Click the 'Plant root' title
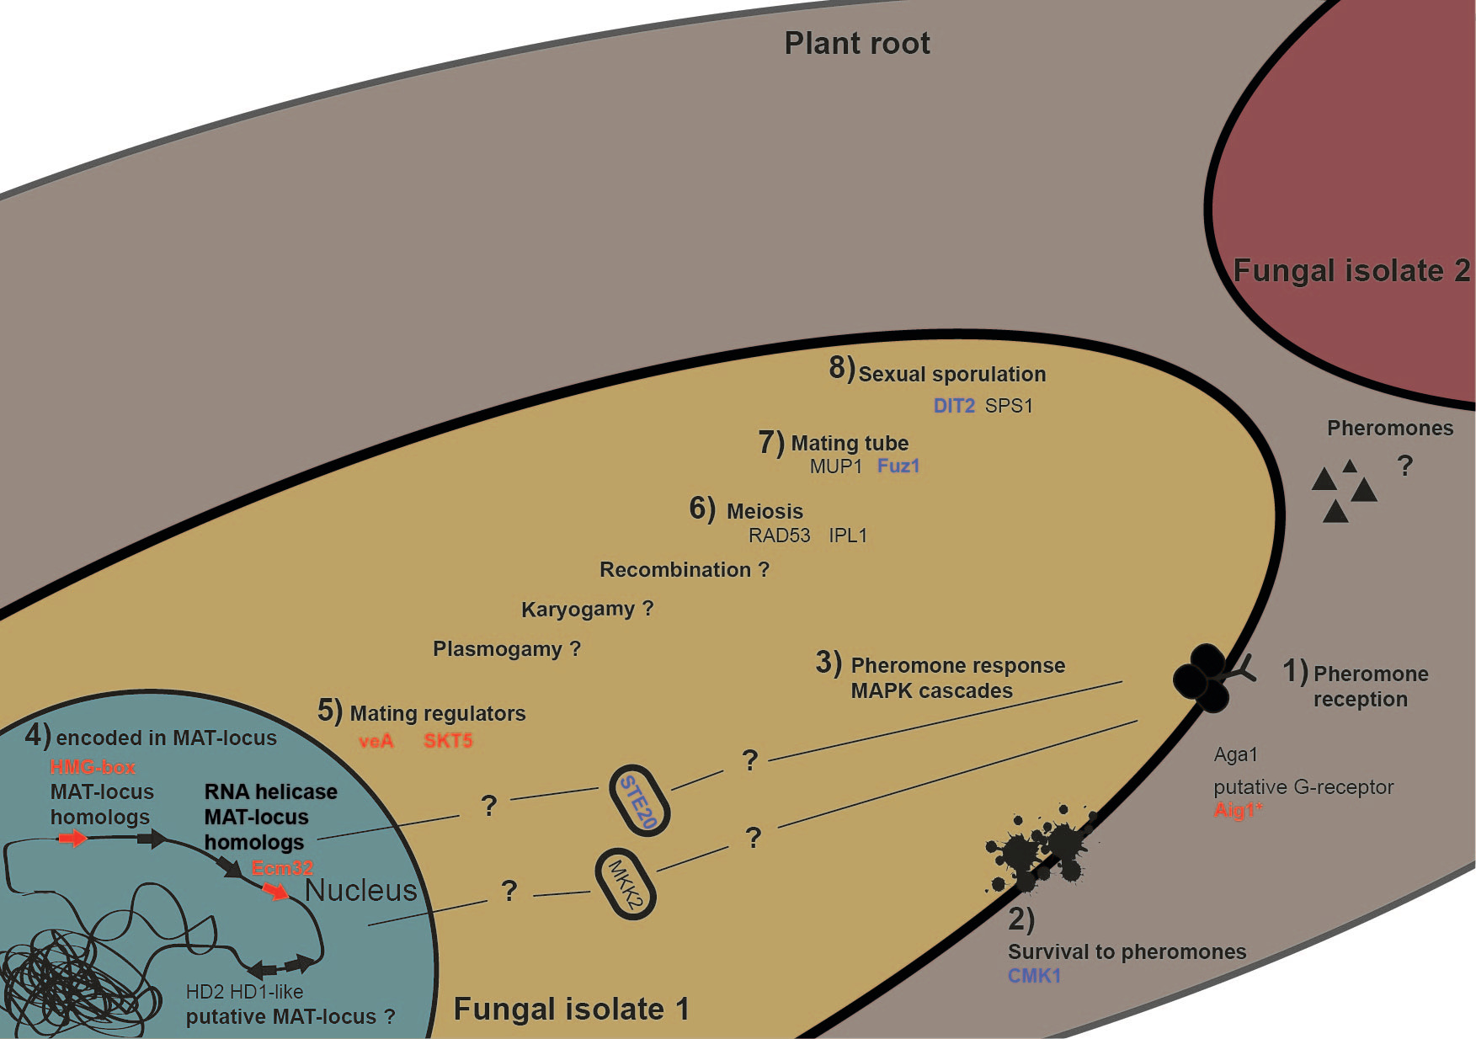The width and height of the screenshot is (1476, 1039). tap(856, 43)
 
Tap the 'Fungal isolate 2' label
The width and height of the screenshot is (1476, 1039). tap(1351, 271)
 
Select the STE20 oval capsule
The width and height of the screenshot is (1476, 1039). tap(639, 801)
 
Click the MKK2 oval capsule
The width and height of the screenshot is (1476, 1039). tap(626, 883)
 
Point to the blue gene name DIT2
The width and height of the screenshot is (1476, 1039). tap(953, 406)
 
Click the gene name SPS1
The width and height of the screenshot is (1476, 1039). tap(1009, 406)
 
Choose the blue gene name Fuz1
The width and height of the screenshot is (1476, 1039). tap(898, 466)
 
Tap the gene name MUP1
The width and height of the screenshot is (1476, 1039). tap(835, 466)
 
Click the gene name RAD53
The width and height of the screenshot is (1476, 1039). tap(779, 535)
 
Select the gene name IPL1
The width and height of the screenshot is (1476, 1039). tap(847, 535)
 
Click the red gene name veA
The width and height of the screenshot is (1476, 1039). tap(376, 741)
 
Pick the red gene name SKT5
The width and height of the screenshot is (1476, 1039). tap(448, 741)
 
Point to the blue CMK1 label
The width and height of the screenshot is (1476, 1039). tap(1034, 976)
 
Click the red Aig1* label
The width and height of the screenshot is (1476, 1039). tap(1237, 810)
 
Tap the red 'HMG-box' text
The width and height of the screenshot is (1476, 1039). tap(93, 767)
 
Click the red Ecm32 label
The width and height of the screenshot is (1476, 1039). tap(282, 868)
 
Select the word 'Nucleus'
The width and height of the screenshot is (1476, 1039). tap(360, 890)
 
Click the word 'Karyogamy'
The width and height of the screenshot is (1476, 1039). tap(578, 609)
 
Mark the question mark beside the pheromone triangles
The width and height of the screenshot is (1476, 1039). tap(1404, 465)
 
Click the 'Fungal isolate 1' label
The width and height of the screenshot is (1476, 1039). tap(571, 1009)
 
